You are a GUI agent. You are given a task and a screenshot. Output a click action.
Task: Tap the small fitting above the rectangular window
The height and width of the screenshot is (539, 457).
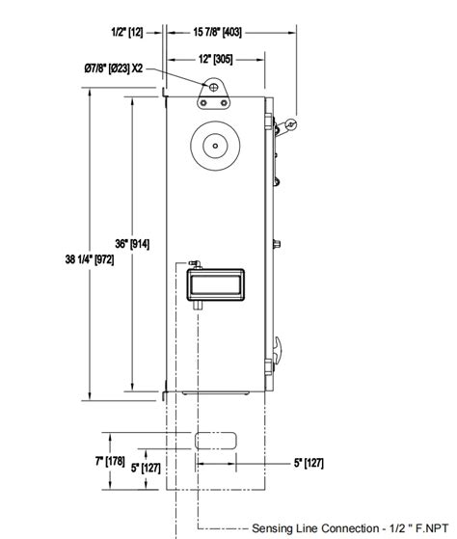[x=193, y=262]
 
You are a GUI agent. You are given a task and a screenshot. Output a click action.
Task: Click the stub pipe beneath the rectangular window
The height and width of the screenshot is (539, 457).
[x=195, y=305]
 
